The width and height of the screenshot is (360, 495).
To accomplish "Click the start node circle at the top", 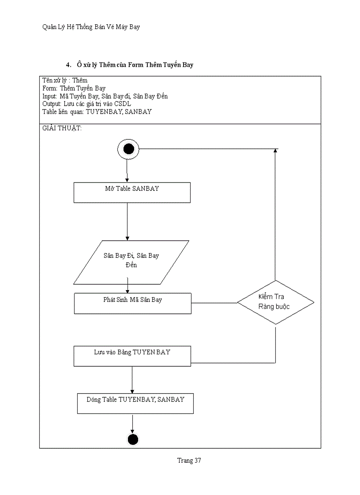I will tap(128, 149).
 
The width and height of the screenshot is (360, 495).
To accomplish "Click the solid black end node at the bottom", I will tap(132, 439).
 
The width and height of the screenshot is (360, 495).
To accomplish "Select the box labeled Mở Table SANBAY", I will tap(132, 193).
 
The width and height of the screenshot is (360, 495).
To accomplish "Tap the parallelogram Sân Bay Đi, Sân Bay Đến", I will tap(131, 262).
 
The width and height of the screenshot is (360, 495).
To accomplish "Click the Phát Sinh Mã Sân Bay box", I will tap(132, 303).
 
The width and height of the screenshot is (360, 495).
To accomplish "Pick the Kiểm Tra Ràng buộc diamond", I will tap(275, 302).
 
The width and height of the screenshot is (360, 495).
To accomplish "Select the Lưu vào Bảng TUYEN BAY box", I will tap(132, 356).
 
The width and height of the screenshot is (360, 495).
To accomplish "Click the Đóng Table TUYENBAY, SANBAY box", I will tap(135, 403).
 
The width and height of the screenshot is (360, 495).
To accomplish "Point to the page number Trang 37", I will tap(189, 461).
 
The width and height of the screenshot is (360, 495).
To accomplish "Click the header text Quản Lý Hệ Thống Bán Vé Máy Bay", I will tap(91, 27).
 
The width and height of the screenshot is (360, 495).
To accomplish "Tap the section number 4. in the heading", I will tap(68, 65).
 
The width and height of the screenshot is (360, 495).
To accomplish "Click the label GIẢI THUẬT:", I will tap(62, 128).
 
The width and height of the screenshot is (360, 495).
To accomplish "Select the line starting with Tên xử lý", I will tap(65, 80).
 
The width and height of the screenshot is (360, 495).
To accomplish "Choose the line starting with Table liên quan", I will tap(97, 112).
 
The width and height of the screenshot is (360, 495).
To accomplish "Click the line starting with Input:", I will tap(105, 96).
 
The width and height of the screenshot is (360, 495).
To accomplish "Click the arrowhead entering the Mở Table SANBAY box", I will tap(127, 179).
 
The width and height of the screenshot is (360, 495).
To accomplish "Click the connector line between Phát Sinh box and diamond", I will tap(214, 303).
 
